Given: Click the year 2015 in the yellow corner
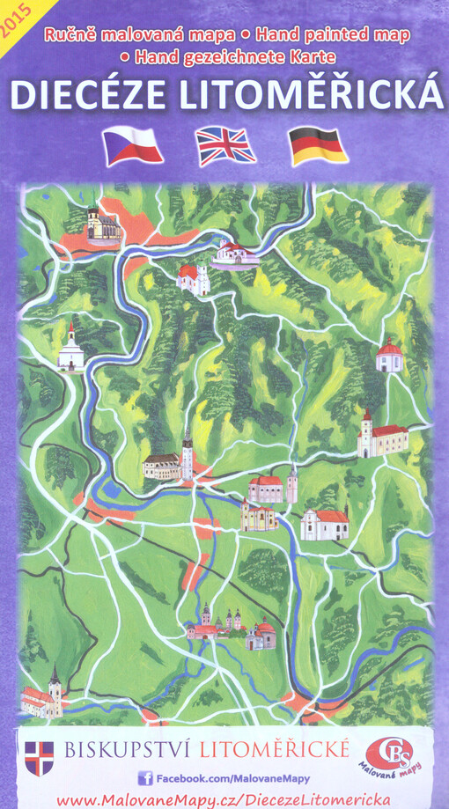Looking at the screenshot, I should click(x=17, y=18).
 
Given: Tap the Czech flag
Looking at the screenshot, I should click(x=133, y=146).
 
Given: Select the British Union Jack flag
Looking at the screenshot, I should click(x=225, y=146).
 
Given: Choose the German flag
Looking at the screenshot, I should click(x=319, y=146).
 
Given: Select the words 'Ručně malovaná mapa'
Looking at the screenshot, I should click(x=140, y=36).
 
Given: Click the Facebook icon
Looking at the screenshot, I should click(x=145, y=778).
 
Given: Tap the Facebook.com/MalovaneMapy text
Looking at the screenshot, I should click(x=232, y=778).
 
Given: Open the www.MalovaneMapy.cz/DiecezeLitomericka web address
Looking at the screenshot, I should click(x=224, y=799).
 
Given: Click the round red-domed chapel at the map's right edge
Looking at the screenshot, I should click(x=388, y=356).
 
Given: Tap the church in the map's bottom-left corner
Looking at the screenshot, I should click(x=42, y=695).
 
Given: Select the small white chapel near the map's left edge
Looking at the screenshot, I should click(x=71, y=350).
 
